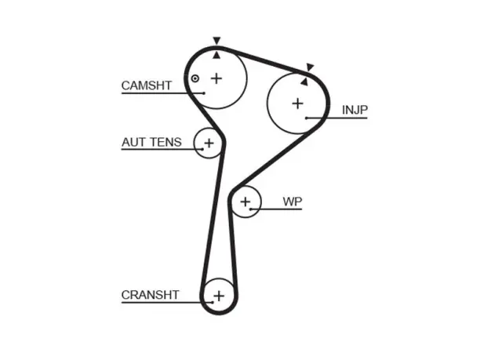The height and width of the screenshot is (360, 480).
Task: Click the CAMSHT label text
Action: [147, 85]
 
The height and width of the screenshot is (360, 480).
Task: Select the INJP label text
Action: [355, 110]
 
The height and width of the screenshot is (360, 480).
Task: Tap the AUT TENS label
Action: [151, 142]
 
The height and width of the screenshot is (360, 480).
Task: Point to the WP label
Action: [293, 202]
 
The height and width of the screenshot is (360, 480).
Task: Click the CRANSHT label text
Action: [150, 295]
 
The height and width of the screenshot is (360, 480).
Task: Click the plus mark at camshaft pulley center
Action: [216, 78]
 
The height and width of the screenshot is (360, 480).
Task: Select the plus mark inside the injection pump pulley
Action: [297, 104]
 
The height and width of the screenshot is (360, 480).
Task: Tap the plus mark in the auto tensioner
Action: [209, 143]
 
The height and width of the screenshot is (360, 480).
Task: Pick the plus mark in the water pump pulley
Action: [245, 202]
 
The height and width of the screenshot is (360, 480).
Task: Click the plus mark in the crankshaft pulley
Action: [219, 296]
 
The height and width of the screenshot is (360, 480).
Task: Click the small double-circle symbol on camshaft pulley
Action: [195, 78]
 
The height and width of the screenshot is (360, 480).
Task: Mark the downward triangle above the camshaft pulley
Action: [216, 41]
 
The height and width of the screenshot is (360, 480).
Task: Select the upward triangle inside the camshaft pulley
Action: [216, 55]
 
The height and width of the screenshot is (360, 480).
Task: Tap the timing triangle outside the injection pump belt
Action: [310, 67]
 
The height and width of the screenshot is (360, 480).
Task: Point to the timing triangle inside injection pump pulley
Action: [304, 82]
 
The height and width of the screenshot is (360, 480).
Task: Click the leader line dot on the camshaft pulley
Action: [204, 93]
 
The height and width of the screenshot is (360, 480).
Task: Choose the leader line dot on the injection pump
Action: [307, 118]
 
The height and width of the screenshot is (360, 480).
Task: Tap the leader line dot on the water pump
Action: [250, 209]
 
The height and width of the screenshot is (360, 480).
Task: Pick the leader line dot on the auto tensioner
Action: [202, 149]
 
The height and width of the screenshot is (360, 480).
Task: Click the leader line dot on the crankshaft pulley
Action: [213, 303]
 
